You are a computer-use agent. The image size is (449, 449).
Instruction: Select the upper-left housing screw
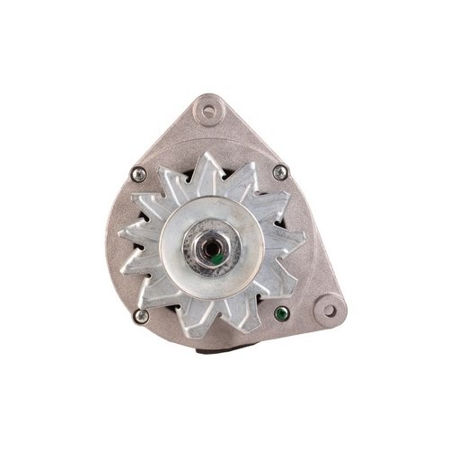[x=137, y=174]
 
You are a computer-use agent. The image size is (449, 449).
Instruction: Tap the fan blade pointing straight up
[x=212, y=158]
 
